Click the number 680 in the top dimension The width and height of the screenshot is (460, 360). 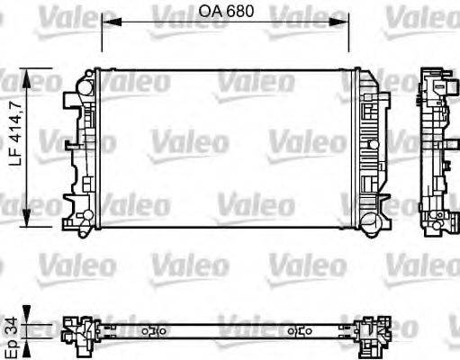[x=238, y=11]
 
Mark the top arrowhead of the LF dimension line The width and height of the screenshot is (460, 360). [x=33, y=76]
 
